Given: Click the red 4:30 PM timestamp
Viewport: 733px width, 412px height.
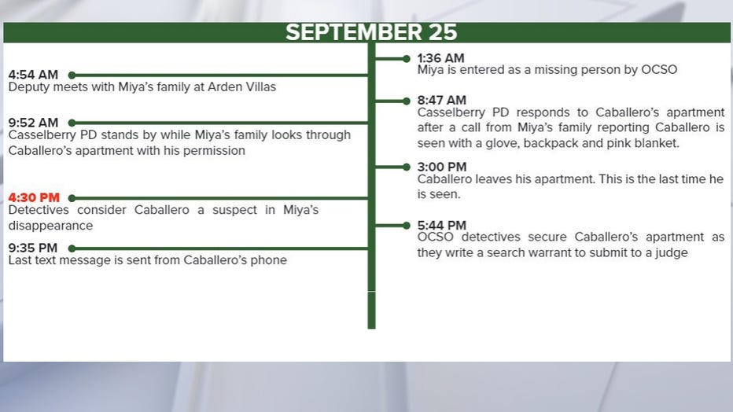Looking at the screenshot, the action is tap(34, 197).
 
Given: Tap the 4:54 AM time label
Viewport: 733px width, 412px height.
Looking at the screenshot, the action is tap(33, 75).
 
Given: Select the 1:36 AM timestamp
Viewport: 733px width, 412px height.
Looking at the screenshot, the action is tap(441, 58).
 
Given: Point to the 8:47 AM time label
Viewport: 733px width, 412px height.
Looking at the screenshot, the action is tap(442, 101).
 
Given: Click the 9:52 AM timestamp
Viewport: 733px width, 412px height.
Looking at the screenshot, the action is tap(33, 123).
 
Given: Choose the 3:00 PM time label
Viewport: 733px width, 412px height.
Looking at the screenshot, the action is tap(442, 167).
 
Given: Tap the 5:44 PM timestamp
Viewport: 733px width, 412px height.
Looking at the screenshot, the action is tap(442, 226).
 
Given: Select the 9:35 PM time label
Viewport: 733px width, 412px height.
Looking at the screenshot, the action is tap(33, 248).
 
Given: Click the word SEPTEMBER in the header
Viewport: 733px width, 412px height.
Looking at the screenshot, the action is tap(353, 32).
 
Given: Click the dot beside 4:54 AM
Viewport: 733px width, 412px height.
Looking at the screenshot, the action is tap(72, 75).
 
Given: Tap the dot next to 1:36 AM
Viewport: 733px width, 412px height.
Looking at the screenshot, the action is tap(407, 59).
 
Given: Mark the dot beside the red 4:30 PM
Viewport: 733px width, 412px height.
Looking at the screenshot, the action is tap(72, 198).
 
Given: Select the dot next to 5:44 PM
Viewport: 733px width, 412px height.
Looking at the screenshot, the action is tap(407, 226).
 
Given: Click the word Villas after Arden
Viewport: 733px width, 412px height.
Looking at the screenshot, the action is tap(259, 87).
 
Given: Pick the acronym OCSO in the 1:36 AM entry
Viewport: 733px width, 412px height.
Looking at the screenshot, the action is tap(659, 70).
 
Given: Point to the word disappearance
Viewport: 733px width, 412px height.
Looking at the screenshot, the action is tap(50, 226).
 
